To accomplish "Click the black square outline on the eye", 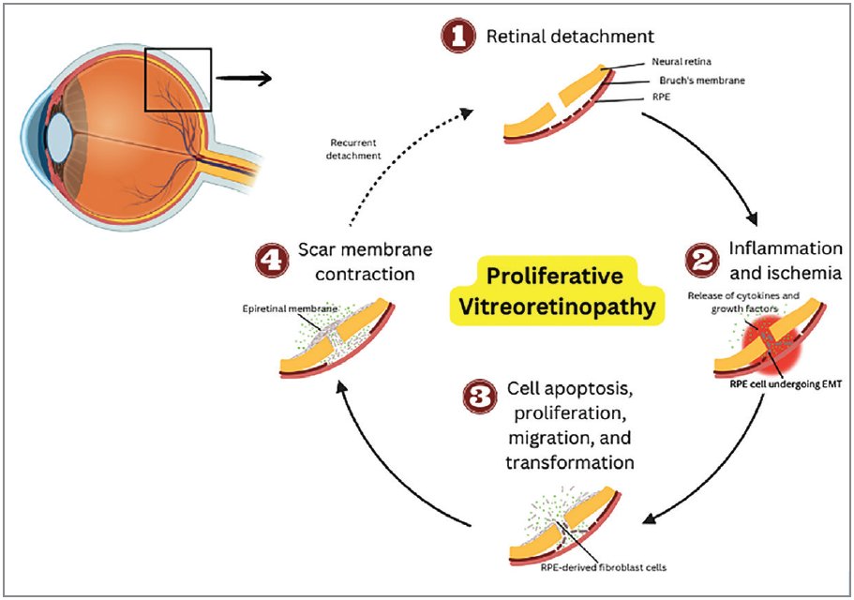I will click(179, 80).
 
